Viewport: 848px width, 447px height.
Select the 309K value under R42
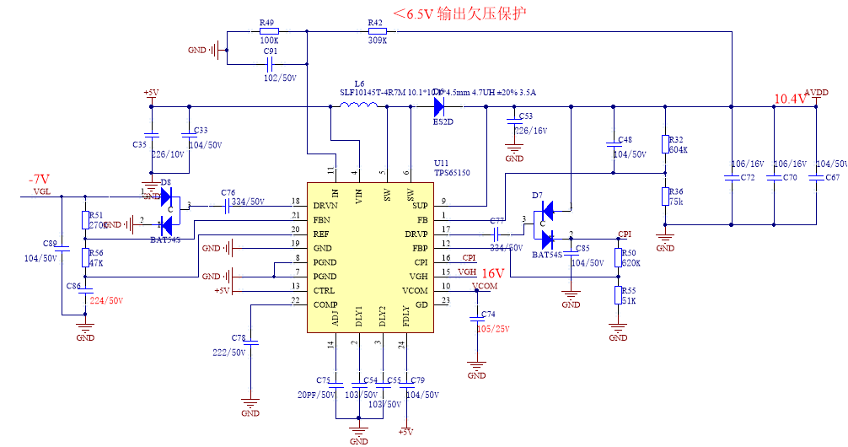tap(377, 40)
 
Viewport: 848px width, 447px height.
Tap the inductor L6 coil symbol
tap(358, 105)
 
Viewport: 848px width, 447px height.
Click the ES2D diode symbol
tap(438, 106)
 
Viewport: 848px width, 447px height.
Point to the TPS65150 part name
tap(452, 172)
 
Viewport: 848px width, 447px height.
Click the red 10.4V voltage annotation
tap(790, 99)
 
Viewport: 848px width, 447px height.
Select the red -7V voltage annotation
tap(40, 180)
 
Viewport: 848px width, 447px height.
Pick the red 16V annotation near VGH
tap(492, 273)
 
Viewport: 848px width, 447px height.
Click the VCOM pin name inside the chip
tap(415, 290)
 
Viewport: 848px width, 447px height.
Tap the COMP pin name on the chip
tap(326, 304)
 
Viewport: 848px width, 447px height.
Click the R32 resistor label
tap(675, 139)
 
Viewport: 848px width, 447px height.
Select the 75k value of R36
tap(676, 202)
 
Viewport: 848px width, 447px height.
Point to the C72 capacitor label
tap(748, 178)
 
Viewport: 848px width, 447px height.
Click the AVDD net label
tap(816, 92)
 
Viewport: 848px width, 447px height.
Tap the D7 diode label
tap(537, 195)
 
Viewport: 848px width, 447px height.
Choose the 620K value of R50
tap(631, 263)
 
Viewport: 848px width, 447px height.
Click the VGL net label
tap(42, 191)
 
